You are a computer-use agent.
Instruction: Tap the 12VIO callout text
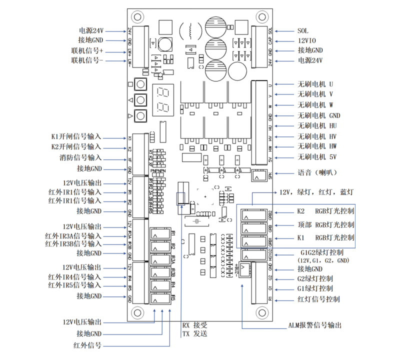click(x=307, y=40)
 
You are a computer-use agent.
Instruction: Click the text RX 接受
click(x=194, y=324)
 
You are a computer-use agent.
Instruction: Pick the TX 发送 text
click(x=194, y=333)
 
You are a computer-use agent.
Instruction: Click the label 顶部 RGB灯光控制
click(x=325, y=224)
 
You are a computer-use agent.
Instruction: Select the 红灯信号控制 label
click(x=318, y=299)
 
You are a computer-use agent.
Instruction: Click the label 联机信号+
click(x=87, y=51)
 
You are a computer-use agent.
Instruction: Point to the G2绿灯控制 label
click(x=315, y=278)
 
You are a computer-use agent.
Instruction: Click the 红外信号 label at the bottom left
click(x=87, y=345)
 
